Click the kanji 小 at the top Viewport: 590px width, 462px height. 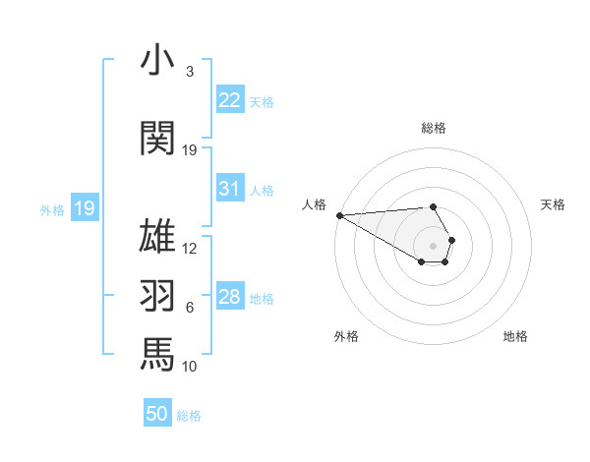tap(158, 61)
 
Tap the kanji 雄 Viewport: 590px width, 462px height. tap(158, 238)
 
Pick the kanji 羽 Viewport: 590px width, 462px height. tap(158, 296)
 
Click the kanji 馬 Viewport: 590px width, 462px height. tap(158, 353)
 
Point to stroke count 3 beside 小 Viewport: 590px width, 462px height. tap(189, 72)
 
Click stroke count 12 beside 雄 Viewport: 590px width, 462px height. tap(190, 249)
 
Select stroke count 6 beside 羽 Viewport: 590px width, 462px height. tap(189, 308)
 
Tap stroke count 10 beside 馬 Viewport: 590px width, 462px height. tap(190, 367)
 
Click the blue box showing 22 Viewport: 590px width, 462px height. tap(230, 100)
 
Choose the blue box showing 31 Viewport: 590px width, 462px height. tap(230, 189)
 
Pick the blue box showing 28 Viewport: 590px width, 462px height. tap(230, 297)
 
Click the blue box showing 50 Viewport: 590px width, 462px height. tap(157, 414)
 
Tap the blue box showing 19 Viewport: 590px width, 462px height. tap(85, 208)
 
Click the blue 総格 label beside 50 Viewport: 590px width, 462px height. tap(189, 416)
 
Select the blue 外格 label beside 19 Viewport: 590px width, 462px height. tap(52, 209)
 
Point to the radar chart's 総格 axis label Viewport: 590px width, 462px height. tap(434, 128)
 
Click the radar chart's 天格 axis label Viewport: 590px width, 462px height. tap(554, 204)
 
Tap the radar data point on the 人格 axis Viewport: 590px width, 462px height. tap(339, 215)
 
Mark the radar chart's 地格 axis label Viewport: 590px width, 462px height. tap(515, 336)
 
